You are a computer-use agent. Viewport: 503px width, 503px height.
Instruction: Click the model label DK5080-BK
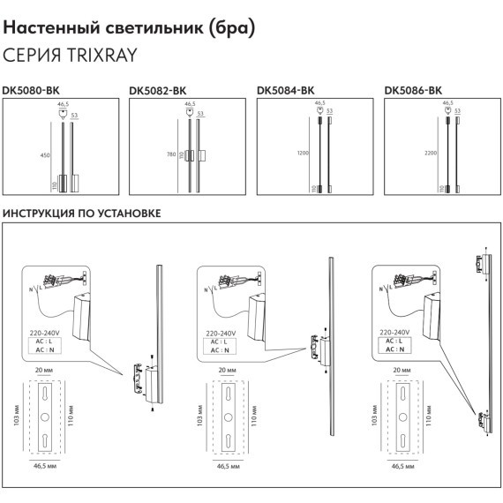[x=31, y=89]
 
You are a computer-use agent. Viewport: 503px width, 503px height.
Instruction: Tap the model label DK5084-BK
[x=285, y=89]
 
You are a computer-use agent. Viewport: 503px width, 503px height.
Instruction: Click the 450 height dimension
[x=46, y=155]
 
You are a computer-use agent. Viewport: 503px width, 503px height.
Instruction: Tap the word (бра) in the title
[x=231, y=28]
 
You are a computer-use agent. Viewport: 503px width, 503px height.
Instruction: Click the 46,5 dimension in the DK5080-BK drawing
[x=63, y=104]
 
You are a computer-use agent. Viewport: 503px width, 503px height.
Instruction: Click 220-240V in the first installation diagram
[x=47, y=334]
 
